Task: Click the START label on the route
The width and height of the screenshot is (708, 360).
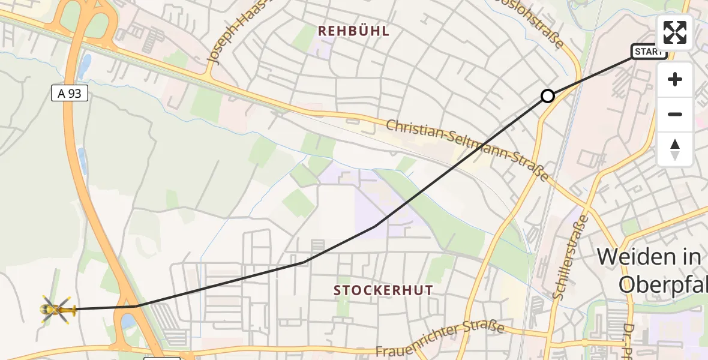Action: [649, 52]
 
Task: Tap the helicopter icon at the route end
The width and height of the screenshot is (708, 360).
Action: [56, 309]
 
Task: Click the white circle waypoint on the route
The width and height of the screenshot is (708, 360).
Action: [547, 96]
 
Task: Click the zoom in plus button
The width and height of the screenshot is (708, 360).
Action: [675, 79]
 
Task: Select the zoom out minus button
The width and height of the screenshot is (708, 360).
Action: [675, 114]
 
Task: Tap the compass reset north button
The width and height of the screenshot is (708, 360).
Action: [675, 149]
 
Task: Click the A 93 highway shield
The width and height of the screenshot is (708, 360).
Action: [70, 93]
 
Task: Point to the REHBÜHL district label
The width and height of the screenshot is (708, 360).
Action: [353, 31]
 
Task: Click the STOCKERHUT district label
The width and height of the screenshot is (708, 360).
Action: [383, 290]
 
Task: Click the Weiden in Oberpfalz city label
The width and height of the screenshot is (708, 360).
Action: [651, 270]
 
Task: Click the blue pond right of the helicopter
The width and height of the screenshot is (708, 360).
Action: [128, 321]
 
